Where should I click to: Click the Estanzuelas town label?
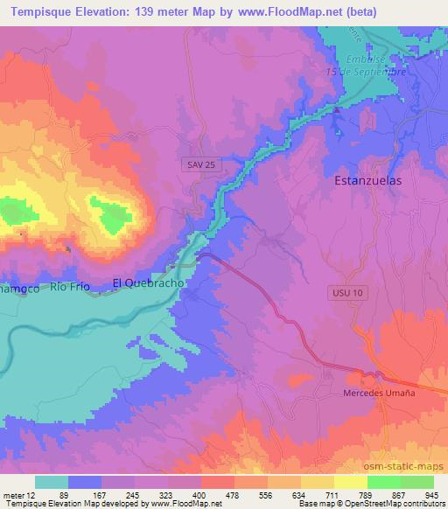pos(368,181)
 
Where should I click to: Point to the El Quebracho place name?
pos(149,283)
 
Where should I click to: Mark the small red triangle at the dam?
pos(335,111)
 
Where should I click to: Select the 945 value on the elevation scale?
pos(430,494)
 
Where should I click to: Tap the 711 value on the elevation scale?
pos(332,494)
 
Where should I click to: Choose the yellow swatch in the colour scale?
pos(350,482)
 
